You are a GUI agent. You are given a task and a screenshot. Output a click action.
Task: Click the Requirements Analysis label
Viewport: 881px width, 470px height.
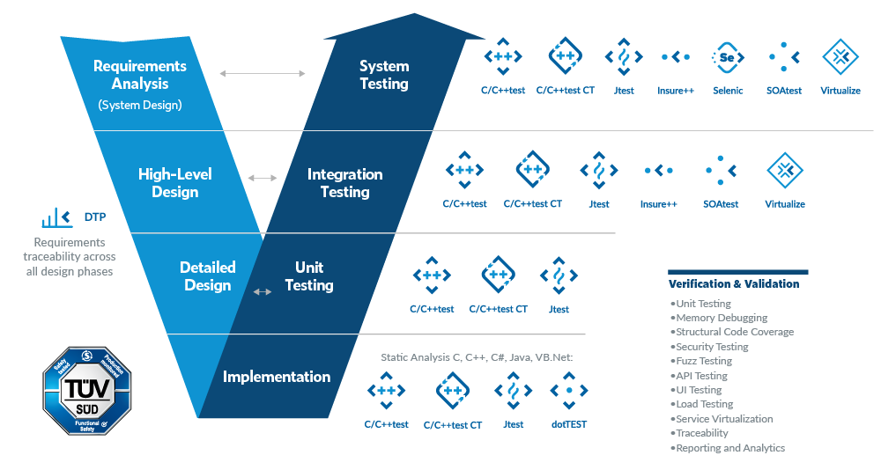140,75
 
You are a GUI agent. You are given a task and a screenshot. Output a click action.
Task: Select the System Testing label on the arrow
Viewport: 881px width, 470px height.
384,75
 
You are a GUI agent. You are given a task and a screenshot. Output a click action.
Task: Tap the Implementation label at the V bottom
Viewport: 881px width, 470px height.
277,377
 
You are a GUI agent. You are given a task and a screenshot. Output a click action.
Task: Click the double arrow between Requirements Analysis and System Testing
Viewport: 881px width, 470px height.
262,74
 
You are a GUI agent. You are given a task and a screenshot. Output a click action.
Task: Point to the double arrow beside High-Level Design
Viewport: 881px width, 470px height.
263,178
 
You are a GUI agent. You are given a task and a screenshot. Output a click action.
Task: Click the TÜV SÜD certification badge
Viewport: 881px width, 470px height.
87,391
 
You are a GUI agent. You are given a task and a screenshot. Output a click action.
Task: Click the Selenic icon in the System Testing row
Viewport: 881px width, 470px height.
726,57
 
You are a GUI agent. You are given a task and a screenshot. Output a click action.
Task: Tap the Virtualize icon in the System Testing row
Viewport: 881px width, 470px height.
840,57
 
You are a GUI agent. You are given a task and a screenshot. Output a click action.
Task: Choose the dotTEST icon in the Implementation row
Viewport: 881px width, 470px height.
569,390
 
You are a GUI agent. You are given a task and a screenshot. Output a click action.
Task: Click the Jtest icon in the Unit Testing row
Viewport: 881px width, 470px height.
559,275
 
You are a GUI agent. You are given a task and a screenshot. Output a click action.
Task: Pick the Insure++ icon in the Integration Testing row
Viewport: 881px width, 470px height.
658,170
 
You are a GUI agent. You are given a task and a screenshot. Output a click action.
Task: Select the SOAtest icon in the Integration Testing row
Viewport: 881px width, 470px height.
721,170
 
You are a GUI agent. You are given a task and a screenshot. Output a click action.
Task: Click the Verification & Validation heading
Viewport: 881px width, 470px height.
733,284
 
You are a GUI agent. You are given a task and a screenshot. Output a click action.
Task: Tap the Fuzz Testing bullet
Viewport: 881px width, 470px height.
703,361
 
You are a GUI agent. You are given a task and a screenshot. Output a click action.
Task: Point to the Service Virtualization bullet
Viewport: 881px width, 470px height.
723,419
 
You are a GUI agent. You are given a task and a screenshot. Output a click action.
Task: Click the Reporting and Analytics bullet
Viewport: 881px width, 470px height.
729,448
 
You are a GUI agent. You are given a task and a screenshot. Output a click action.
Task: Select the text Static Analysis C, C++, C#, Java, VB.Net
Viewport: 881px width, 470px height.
477,357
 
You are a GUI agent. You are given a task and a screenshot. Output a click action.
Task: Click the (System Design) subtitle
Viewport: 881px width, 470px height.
140,105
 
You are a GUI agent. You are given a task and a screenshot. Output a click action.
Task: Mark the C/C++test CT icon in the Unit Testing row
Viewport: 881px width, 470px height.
498,275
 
